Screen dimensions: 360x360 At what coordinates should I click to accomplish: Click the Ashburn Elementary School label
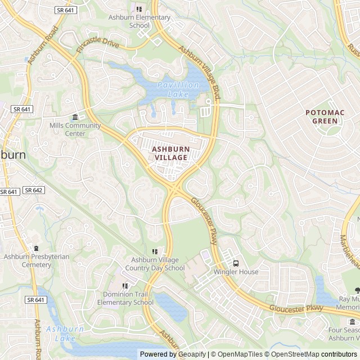[x=131, y=21]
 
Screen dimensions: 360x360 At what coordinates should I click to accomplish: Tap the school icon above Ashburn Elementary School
[x=139, y=9]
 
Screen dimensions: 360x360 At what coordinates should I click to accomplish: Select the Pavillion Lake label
[x=178, y=89]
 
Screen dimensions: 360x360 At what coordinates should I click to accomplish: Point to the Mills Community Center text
[x=75, y=129]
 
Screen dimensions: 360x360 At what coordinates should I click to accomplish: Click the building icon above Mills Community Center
[x=75, y=117]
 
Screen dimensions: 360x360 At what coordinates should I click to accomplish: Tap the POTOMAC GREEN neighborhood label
[x=325, y=116]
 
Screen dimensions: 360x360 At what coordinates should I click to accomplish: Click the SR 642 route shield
[x=34, y=190]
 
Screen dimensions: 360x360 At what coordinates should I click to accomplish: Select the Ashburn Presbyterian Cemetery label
[x=37, y=260]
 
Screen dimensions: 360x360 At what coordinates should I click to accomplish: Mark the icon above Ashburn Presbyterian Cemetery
[x=37, y=249]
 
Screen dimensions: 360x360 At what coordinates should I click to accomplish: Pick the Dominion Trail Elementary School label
[x=125, y=298]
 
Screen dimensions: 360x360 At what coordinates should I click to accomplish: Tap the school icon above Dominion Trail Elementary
[x=125, y=286]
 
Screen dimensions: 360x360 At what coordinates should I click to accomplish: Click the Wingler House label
[x=236, y=272]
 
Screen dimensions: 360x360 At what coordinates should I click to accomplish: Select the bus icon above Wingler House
[x=236, y=263]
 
